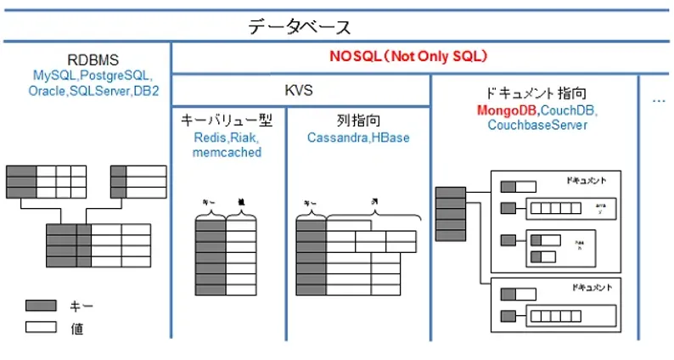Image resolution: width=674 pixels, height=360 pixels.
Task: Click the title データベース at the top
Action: click(x=300, y=27)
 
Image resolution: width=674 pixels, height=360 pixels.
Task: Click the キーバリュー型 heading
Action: click(x=225, y=121)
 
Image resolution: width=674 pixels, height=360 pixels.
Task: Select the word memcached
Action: click(x=225, y=153)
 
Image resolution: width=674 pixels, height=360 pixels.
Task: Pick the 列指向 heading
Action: click(x=357, y=121)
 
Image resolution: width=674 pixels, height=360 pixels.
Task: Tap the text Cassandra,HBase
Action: click(x=357, y=137)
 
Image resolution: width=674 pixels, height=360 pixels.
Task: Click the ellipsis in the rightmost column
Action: click(x=659, y=100)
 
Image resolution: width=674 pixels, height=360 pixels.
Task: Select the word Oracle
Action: click(x=47, y=90)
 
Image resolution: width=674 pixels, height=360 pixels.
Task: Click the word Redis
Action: click(x=208, y=137)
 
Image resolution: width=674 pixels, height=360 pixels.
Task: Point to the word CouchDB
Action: click(x=569, y=110)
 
